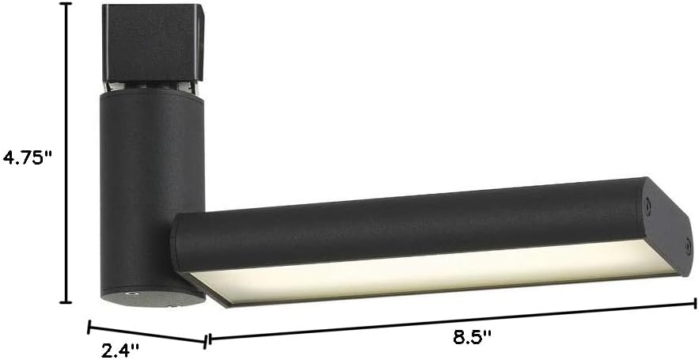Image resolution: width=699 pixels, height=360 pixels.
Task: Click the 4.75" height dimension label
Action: click(28, 157)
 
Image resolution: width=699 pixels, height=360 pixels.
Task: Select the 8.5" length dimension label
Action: click(472, 337)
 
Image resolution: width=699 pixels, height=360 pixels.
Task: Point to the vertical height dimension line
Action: click(66, 153)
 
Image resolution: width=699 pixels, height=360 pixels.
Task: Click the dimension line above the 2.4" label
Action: click(146, 335)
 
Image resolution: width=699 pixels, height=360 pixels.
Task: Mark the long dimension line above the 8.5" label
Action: click(452, 321)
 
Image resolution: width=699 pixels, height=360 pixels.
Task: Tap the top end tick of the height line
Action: click(66, 4)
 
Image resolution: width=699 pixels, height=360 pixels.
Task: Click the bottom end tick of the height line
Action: click(66, 302)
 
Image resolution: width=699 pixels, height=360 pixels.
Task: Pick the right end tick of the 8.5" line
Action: click(694, 304)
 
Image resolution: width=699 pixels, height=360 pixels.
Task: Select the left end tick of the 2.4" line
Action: click(89, 327)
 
